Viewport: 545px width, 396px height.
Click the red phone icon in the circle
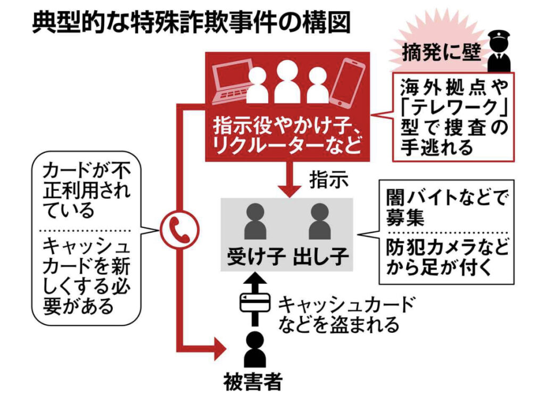point(179,230)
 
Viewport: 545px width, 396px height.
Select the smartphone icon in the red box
point(348,82)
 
